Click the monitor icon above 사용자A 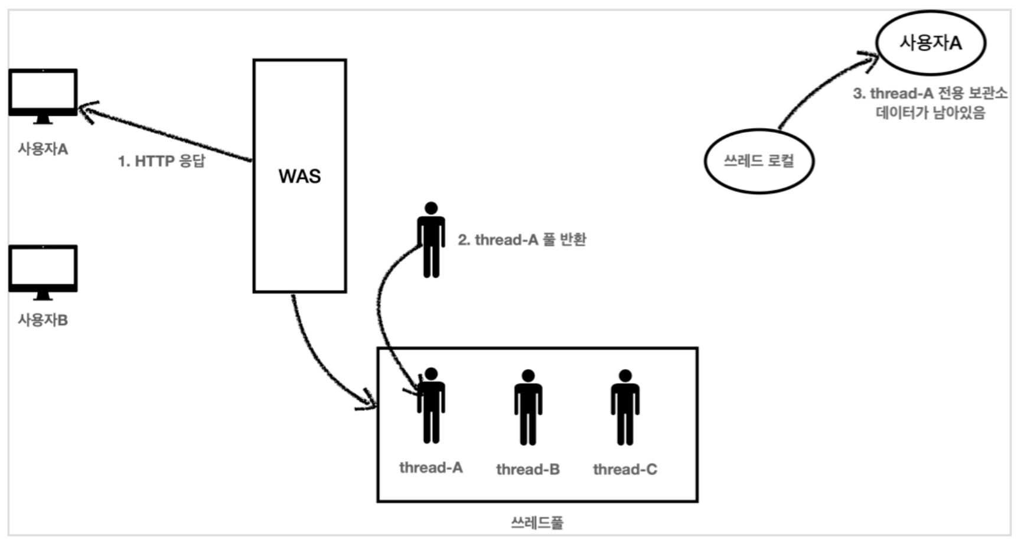pyautogui.click(x=43, y=94)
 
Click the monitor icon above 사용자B pyautogui.click(x=43, y=270)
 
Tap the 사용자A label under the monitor pyautogui.click(x=43, y=149)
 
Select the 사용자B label pyautogui.click(x=43, y=320)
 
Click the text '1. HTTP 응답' pyautogui.click(x=161, y=161)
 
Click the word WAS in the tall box pyautogui.click(x=299, y=176)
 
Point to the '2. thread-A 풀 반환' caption pyautogui.click(x=522, y=240)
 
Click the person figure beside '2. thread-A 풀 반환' pyautogui.click(x=431, y=240)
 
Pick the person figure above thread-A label pyautogui.click(x=431, y=406)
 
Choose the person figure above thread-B pyautogui.click(x=528, y=407)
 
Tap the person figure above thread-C pyautogui.click(x=625, y=407)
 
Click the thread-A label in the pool pyautogui.click(x=431, y=468)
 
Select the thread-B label pyautogui.click(x=528, y=469)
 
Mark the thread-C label pyautogui.click(x=625, y=469)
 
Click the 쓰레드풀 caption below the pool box pyautogui.click(x=537, y=523)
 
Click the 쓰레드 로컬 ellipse pyautogui.click(x=759, y=161)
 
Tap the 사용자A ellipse pyautogui.click(x=931, y=43)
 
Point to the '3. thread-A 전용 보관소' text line pyautogui.click(x=930, y=93)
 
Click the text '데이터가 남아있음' pyautogui.click(x=930, y=112)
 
